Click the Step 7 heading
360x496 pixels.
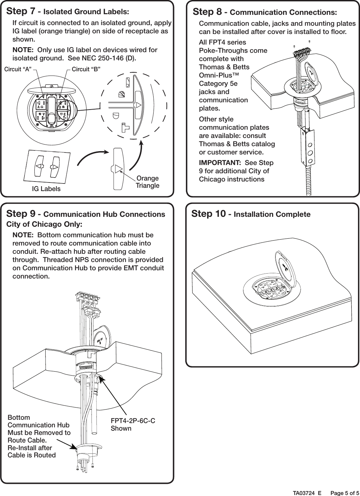click(x=68, y=12)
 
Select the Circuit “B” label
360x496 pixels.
click(x=86, y=69)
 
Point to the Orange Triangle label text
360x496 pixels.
click(x=147, y=182)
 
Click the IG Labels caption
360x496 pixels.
click(x=46, y=189)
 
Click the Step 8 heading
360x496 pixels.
click(x=265, y=12)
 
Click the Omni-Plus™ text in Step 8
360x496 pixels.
click(x=219, y=75)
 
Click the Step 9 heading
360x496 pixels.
click(x=86, y=214)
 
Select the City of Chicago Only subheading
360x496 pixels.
click(x=44, y=224)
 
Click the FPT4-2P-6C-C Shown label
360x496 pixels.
click(x=133, y=424)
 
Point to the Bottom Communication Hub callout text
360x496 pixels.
click(x=39, y=436)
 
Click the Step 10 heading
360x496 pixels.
click(x=251, y=214)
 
